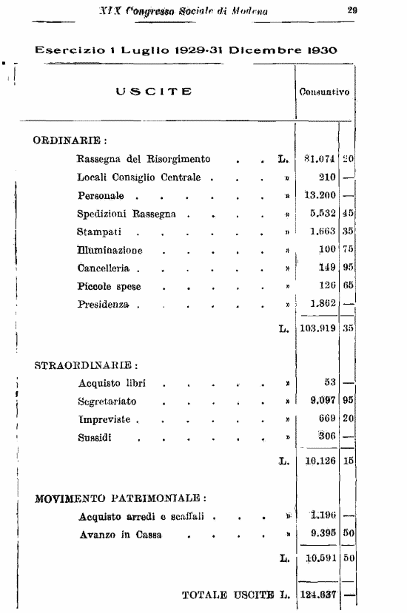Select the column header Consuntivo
tap(324, 92)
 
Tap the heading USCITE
tap(154, 92)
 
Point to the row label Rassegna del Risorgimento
tap(144, 159)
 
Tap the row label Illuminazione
tap(110, 250)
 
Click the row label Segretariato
tap(107, 402)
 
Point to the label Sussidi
tap(95, 437)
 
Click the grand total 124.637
tap(317, 594)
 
